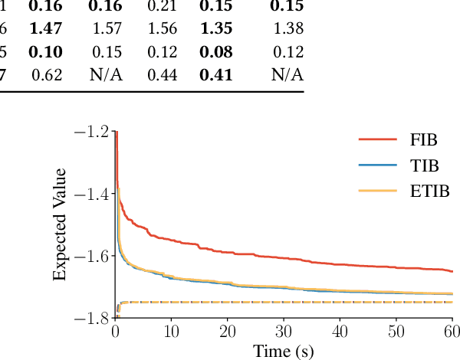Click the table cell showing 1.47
click(45, 30)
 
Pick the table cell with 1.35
click(215, 30)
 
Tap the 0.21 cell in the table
click(162, 7)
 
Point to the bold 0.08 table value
click(215, 52)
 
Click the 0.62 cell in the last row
click(47, 75)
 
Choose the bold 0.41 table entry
click(215, 75)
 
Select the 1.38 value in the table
click(287, 30)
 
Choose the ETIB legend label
click(422, 190)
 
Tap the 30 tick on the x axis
click(283, 331)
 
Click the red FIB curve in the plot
click(230, 253)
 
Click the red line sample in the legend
click(377, 139)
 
